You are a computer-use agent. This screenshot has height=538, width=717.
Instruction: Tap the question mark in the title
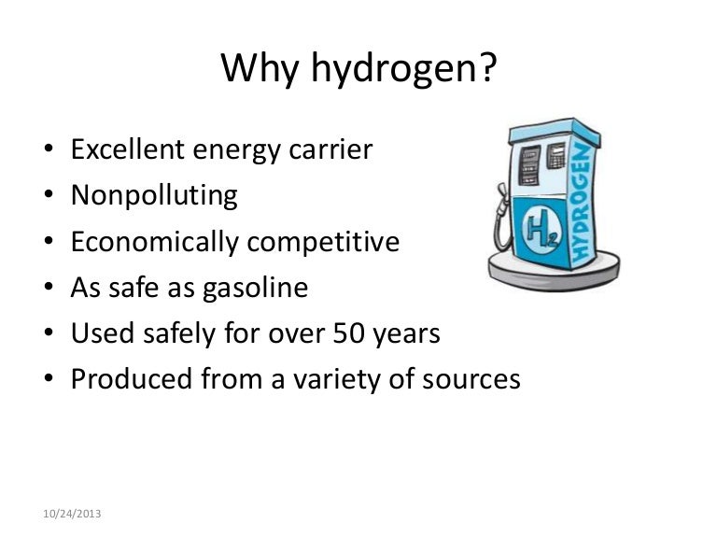[x=485, y=70]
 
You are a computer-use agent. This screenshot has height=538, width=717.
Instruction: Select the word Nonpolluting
[x=154, y=195]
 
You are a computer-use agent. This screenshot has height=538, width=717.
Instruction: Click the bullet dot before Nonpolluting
[x=48, y=197]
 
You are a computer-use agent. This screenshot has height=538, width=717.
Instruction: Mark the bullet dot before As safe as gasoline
[x=48, y=289]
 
